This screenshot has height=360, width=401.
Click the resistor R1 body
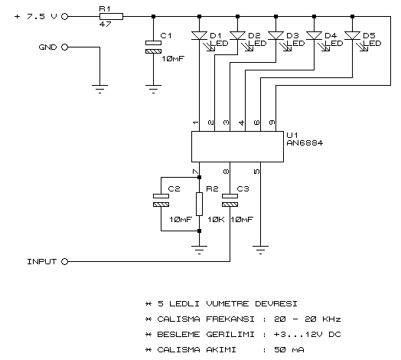click(x=111, y=17)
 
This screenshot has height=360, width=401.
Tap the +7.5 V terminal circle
click(x=65, y=17)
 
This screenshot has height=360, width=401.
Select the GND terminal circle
click(x=65, y=47)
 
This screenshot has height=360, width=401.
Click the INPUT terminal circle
click(x=65, y=262)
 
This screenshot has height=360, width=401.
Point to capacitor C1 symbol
click(x=154, y=47)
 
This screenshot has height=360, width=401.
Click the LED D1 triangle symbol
click(x=199, y=35)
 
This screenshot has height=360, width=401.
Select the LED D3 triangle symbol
click(x=275, y=35)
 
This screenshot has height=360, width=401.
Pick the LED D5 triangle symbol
click(x=353, y=35)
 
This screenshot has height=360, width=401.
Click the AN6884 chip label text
click(x=305, y=143)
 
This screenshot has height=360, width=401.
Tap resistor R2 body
click(x=199, y=204)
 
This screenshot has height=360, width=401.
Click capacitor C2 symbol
click(x=161, y=200)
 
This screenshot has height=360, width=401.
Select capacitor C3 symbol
click(x=230, y=200)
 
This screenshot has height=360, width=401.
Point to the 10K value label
click(x=216, y=219)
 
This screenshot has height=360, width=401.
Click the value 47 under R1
click(x=105, y=24)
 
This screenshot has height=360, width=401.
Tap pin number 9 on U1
click(x=272, y=123)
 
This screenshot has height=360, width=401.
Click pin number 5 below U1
click(x=256, y=172)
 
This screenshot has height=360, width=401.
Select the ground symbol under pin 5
click(x=261, y=250)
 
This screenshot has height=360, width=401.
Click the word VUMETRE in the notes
click(x=227, y=303)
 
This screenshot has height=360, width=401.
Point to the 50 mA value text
click(x=289, y=350)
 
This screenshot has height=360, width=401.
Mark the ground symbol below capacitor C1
click(x=154, y=89)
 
